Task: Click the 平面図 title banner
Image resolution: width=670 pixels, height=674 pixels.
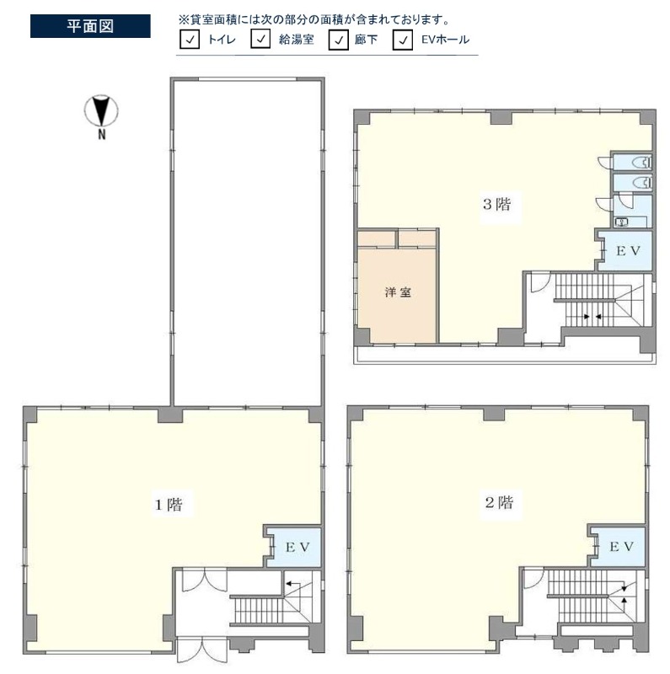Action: click(90, 26)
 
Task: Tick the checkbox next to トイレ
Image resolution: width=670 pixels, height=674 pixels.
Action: click(190, 40)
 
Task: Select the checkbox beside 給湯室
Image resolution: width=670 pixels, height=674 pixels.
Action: click(260, 39)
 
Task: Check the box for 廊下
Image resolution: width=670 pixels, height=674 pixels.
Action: click(339, 40)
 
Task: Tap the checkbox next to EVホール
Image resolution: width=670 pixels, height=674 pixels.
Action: click(403, 40)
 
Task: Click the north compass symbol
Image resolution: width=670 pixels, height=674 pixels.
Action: click(101, 111)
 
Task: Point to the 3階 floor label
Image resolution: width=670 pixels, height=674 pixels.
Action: click(497, 204)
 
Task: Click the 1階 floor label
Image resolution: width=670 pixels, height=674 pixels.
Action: click(169, 504)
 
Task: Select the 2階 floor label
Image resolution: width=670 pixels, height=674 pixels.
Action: click(499, 502)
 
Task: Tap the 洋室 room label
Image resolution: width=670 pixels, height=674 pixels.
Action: click(398, 292)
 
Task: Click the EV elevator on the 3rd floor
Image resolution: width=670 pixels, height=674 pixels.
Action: click(629, 251)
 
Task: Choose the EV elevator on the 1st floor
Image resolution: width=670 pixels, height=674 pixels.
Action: click(297, 547)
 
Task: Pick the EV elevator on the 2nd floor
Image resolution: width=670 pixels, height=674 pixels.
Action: click(621, 547)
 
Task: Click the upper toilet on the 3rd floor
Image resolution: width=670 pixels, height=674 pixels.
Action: click(642, 163)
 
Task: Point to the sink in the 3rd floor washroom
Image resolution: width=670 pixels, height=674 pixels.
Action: click(622, 222)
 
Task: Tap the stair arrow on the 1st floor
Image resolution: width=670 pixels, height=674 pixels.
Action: click(294, 584)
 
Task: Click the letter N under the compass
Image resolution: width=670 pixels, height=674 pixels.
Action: click(102, 135)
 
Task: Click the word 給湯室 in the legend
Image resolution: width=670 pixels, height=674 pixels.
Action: click(297, 40)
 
